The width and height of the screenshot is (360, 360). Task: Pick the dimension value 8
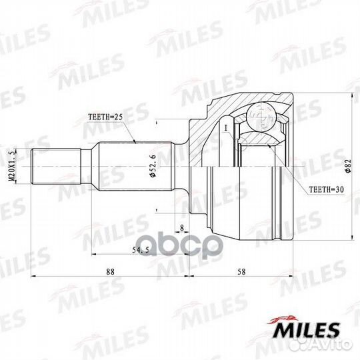click(181, 229)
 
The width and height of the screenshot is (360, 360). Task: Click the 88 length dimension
click(110, 272)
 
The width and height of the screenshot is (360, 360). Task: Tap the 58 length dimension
click(241, 272)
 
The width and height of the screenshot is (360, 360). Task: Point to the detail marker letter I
click(226, 126)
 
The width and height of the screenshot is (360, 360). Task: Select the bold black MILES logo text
click(309, 331)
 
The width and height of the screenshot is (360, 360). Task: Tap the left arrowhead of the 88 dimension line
click(34, 278)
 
